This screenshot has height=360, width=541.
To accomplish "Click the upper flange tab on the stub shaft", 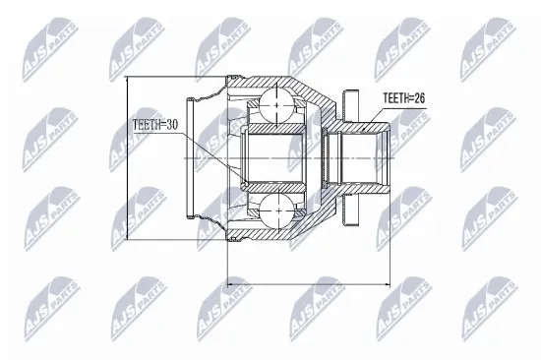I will pyautogui.click(x=346, y=101).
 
